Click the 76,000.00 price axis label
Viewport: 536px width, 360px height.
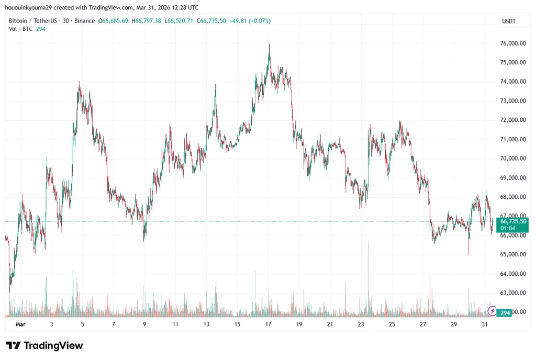[513, 43]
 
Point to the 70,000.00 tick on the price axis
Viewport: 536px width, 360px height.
[513, 159]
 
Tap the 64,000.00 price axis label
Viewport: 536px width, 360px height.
[513, 274]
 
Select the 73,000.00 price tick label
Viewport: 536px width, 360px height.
[513, 101]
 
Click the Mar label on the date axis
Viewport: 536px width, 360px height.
[20, 324]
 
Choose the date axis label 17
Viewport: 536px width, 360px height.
[269, 324]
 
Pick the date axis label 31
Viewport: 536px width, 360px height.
[485, 324]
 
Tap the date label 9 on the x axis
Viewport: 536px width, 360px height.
[144, 324]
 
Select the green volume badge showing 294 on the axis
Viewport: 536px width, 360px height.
[505, 313]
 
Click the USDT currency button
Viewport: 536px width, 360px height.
[509, 21]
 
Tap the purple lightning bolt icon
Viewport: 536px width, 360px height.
[492, 311]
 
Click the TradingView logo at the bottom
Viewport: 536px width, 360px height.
[44, 346]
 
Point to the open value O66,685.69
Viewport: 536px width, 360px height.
[113, 21]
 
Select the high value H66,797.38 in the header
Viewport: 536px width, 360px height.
[147, 21]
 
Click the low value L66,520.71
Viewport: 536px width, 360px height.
[179, 21]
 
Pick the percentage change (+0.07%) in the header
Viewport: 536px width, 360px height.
[260, 21]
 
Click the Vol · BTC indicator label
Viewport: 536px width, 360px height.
[20, 29]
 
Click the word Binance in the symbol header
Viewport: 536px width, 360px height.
[84, 21]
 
